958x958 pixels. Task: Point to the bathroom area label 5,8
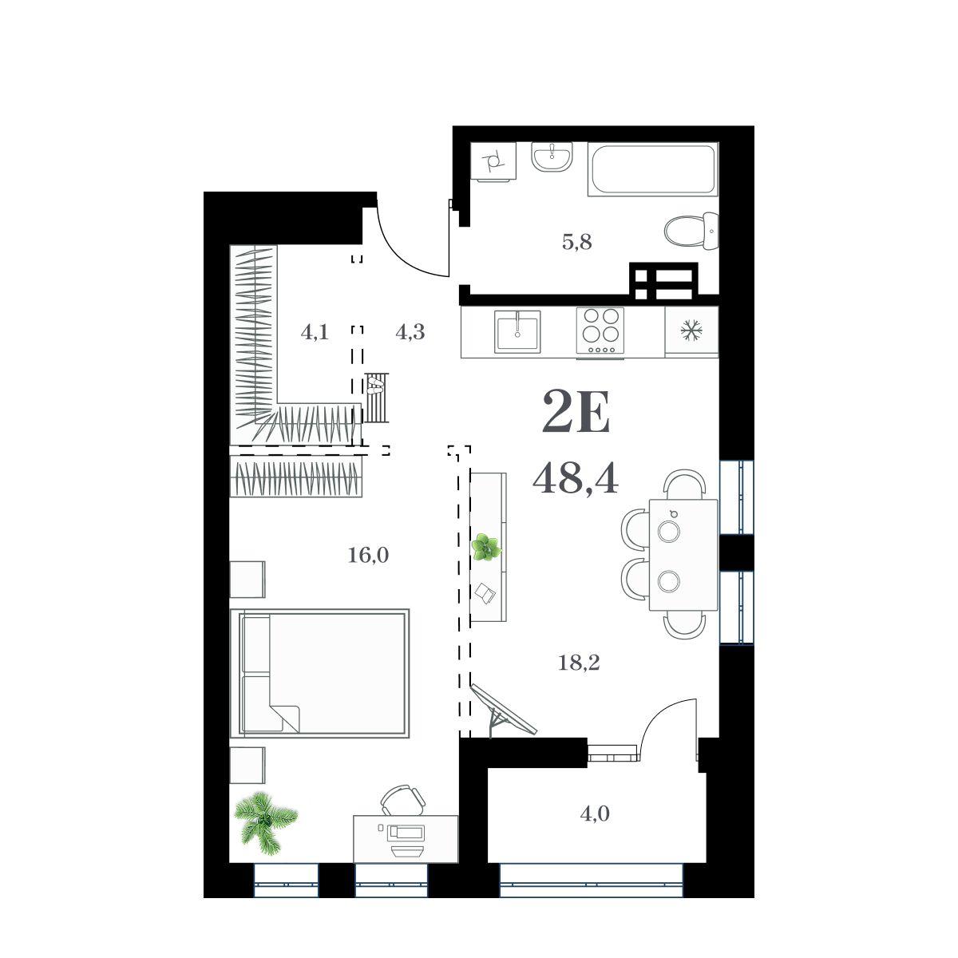pyautogui.click(x=577, y=242)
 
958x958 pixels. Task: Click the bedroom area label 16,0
pyautogui.click(x=368, y=555)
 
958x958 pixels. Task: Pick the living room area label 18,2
pyautogui.click(x=579, y=662)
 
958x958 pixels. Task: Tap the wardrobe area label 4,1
pyautogui.click(x=315, y=331)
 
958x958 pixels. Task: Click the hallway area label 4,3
pyautogui.click(x=410, y=331)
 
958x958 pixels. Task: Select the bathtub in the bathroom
pyautogui.click(x=653, y=169)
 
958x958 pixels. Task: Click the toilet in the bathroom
pyautogui.click(x=691, y=232)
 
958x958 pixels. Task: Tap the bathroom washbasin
pyautogui.click(x=552, y=157)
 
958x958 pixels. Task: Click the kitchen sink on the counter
pyautogui.click(x=517, y=331)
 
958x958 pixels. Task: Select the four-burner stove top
pyautogui.click(x=600, y=331)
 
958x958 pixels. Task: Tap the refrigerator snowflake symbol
pyautogui.click(x=691, y=330)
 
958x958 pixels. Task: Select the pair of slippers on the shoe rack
pyautogui.click(x=375, y=386)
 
